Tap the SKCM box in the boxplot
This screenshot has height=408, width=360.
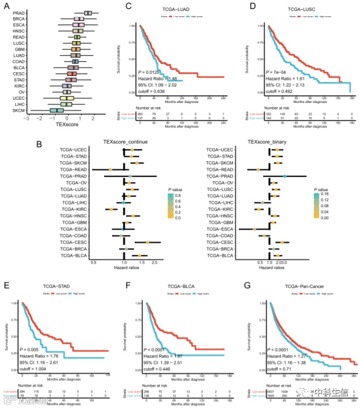57,110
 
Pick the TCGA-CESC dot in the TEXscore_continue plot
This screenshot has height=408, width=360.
147,243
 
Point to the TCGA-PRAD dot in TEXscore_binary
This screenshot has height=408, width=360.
285,176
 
